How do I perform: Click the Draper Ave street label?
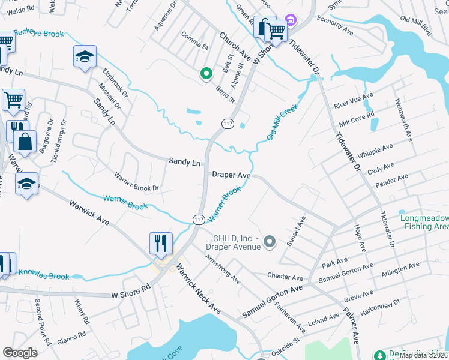tap(231, 175)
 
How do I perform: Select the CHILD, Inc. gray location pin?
tap(270, 242)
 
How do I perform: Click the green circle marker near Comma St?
tap(206, 74)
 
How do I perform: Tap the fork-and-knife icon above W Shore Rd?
tap(161, 243)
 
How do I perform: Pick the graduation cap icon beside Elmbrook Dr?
tap(85, 57)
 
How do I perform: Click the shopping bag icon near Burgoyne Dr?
tap(25, 142)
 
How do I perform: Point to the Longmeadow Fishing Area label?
tap(424, 222)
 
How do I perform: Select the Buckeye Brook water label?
tap(38, 34)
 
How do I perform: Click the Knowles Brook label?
tap(44, 276)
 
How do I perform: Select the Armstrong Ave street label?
tap(222, 269)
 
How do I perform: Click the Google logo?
tap(20, 353)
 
